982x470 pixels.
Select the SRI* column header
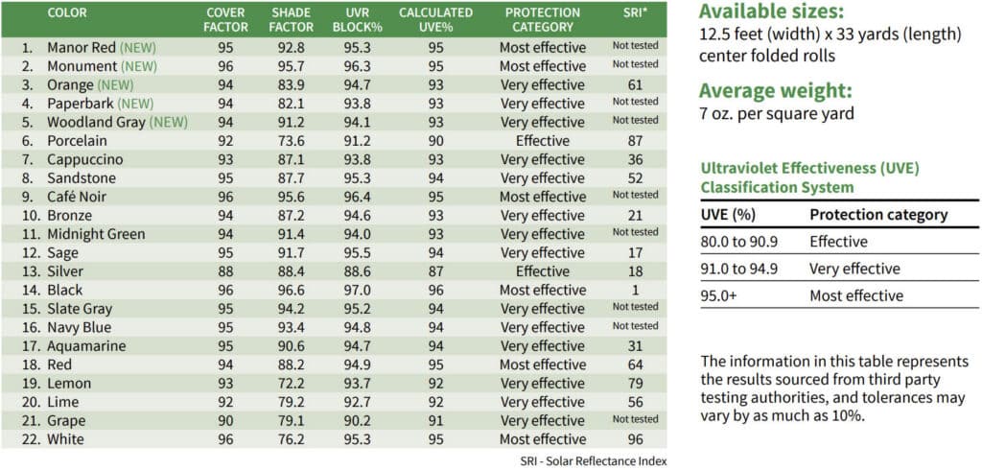coord(635,13)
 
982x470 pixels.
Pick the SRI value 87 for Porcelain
coord(635,141)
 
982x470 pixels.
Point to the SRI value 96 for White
coord(635,439)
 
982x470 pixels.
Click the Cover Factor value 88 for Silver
coord(226,271)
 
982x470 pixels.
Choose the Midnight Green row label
coord(96,234)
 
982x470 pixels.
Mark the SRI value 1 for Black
coord(635,290)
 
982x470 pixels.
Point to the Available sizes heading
coord(772,12)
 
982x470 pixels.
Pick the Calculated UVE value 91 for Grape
coord(435,420)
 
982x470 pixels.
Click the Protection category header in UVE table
coord(878,215)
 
